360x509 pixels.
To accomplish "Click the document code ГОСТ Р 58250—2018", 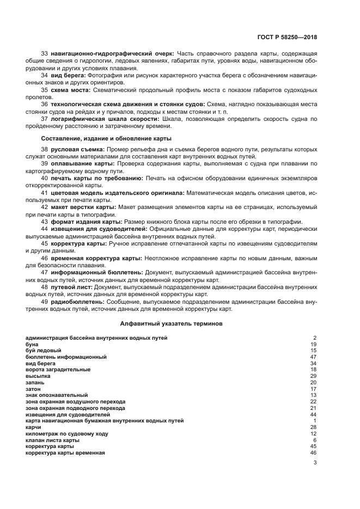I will [x=287, y=37].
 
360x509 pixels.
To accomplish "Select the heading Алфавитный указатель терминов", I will [x=170, y=323].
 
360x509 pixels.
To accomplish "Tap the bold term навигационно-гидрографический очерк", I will [x=112, y=54].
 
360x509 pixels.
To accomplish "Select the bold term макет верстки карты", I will [x=83, y=207].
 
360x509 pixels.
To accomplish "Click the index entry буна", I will [x=32, y=344].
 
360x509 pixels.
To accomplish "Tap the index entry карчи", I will [x=33, y=427].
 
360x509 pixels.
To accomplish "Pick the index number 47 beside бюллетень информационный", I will [x=313, y=357].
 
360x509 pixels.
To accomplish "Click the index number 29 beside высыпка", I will [x=313, y=376].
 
